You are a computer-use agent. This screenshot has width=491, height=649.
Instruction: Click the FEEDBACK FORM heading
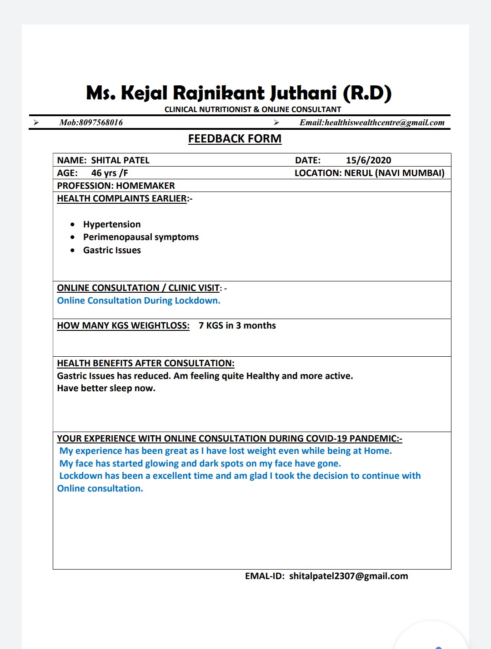pos(235,138)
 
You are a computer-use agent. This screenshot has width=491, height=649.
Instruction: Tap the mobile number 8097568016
pos(100,123)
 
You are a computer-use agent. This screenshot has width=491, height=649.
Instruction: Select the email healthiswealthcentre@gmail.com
pos(385,123)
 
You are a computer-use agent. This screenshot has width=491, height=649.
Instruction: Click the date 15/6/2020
pos(368,160)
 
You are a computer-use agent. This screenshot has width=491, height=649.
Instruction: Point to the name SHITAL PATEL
pos(120,160)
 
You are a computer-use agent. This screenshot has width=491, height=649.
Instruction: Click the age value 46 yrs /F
pos(110,173)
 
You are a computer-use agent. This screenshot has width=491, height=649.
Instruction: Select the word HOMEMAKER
pos(145,186)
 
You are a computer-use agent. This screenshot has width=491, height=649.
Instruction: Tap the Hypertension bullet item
pos(112,224)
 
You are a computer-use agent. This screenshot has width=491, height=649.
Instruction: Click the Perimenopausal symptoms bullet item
pos(141,237)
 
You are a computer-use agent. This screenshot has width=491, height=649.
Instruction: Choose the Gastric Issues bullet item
pos(112,250)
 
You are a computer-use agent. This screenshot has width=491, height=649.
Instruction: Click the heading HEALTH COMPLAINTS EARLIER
pos(122,198)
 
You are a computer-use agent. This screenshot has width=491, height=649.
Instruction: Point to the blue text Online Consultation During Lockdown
pos(139,300)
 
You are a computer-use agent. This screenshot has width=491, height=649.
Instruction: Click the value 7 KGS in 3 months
pos(237,325)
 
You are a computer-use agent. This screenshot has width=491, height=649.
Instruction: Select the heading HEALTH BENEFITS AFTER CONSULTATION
pos(145,363)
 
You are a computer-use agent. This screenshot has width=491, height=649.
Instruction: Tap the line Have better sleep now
pos(106,388)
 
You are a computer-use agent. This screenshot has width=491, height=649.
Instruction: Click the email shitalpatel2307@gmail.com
pos(349,576)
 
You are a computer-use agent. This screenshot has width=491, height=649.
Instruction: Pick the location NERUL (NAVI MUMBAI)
pos(394,173)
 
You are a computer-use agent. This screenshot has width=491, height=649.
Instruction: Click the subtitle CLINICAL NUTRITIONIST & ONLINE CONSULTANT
pos(253,109)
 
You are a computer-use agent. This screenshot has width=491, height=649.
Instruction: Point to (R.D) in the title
pos(367,93)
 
